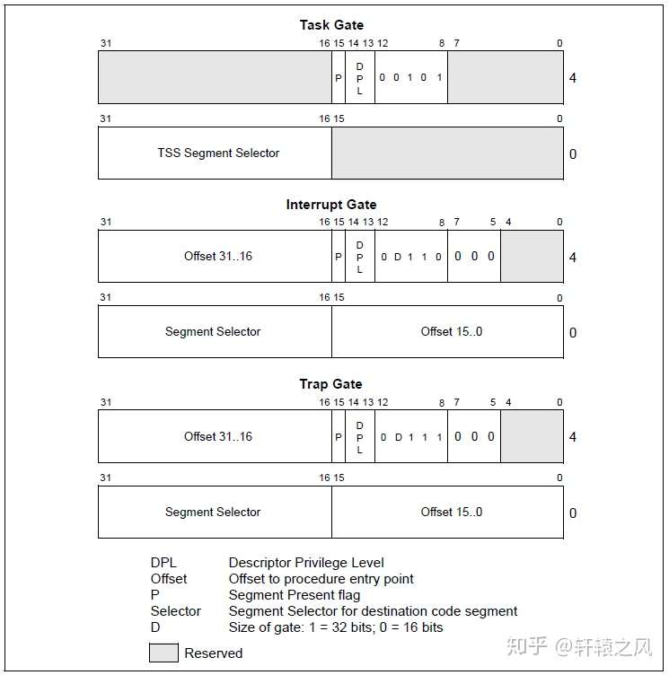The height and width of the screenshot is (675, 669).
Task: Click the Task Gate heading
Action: tap(331, 25)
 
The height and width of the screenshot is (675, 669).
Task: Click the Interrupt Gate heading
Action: tap(331, 205)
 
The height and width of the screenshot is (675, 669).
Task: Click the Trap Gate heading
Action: tap(331, 384)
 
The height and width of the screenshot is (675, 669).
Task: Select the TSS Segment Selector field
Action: tap(218, 153)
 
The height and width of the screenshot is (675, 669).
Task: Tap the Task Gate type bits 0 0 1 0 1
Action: tap(411, 77)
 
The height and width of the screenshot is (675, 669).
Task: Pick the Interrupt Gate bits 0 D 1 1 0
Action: tap(411, 257)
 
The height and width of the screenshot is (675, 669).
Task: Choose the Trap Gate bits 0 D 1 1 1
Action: tap(411, 437)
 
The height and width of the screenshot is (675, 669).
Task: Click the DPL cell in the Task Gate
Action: tap(360, 78)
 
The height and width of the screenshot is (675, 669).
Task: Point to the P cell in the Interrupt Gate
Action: tap(339, 257)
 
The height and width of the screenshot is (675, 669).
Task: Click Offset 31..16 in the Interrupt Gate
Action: tap(218, 257)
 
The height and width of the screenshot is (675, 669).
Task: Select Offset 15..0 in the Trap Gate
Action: tap(452, 512)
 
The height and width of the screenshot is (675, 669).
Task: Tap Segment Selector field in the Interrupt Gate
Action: tap(213, 332)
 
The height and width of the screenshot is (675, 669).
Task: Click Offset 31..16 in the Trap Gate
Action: tap(218, 437)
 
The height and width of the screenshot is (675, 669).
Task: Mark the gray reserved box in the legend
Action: tap(163, 653)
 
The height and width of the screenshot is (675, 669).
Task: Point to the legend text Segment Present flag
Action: tap(295, 595)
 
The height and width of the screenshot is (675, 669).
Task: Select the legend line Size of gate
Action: tap(336, 627)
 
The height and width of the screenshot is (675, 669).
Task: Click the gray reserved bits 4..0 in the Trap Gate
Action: tap(532, 437)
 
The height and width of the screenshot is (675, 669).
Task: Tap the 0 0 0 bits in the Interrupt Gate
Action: tap(474, 257)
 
